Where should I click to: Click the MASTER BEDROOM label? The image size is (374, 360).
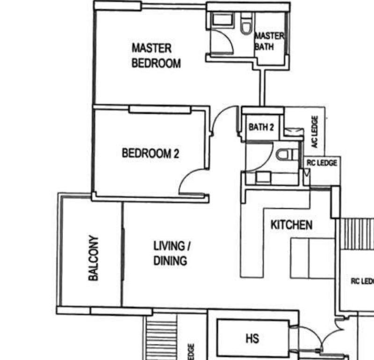156,56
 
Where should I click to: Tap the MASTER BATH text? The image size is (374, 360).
269,41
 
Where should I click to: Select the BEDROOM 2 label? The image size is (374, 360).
150,153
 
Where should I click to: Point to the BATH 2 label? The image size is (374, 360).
261,127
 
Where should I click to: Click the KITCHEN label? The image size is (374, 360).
291,225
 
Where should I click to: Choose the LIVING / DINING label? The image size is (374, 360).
171,253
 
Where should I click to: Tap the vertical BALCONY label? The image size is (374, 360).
93,258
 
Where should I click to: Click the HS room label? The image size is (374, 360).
252,338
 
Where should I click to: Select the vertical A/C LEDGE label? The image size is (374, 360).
315,132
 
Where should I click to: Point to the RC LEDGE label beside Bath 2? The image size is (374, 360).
322,163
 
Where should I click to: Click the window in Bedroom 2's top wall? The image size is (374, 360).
160,109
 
